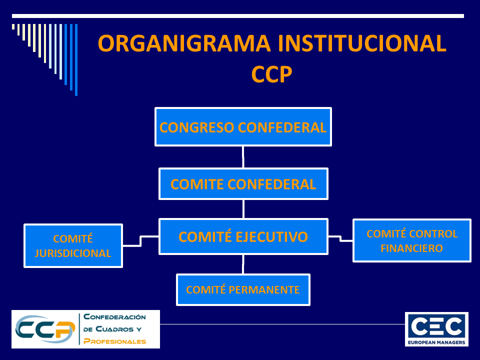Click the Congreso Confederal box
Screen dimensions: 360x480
coord(243,127)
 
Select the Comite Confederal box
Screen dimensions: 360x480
coord(243,184)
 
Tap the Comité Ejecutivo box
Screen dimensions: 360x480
coord(243,236)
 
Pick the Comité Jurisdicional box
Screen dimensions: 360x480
coord(73,246)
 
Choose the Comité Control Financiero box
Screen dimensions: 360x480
coord(411,240)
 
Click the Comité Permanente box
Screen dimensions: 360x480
coord(243,289)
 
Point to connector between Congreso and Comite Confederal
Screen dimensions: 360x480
coord(243,157)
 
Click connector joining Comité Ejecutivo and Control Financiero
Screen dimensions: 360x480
coord(341,238)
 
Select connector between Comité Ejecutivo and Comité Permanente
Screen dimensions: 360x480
coord(243,264)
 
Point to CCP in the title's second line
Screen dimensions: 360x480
coord(271,74)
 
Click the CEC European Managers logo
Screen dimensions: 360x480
coord(436,329)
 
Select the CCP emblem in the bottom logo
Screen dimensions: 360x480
coord(44,329)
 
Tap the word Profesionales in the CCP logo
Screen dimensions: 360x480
coord(115,341)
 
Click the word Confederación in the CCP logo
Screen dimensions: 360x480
coord(114,317)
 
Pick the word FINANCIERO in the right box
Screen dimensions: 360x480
coord(411,248)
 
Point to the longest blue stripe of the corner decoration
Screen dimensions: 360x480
coord(76,59)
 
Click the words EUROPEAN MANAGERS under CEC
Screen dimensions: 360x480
coord(436,342)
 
